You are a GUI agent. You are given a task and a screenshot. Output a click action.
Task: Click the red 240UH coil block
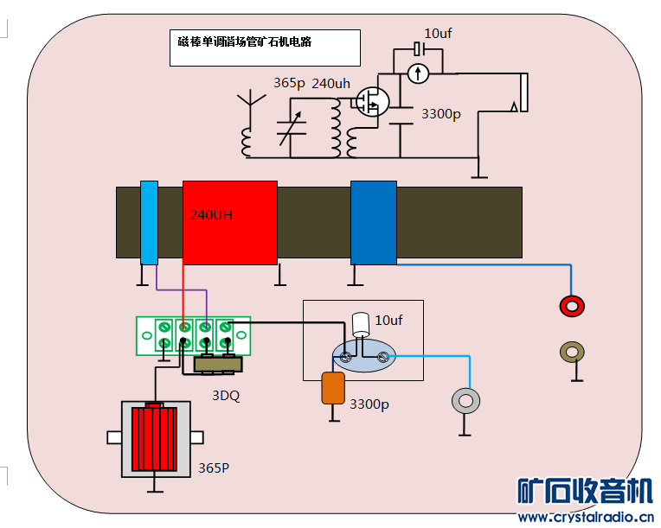(229, 222)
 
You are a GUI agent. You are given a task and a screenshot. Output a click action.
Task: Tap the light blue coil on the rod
(149, 222)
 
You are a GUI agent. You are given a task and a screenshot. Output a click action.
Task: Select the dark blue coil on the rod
(373, 222)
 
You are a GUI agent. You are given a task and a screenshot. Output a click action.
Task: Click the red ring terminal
(572, 305)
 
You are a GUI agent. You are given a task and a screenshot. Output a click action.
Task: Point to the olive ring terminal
(572, 352)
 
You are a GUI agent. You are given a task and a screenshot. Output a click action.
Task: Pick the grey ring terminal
(466, 400)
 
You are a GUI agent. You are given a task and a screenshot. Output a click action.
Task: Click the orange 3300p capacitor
(333, 388)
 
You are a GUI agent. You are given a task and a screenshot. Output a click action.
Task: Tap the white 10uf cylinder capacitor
(362, 324)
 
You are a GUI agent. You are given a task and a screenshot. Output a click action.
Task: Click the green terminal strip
(194, 335)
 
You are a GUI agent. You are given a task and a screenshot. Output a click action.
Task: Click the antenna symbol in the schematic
(251, 102)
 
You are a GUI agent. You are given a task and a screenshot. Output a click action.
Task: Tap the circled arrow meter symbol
(418, 73)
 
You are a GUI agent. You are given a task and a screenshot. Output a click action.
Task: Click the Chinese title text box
(264, 48)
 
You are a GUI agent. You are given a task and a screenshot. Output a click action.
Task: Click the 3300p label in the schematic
(440, 114)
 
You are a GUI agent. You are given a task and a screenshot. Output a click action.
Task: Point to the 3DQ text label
(226, 396)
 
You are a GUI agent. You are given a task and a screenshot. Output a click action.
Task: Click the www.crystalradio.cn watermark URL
(586, 517)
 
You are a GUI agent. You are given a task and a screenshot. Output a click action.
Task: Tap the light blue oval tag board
(363, 354)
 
